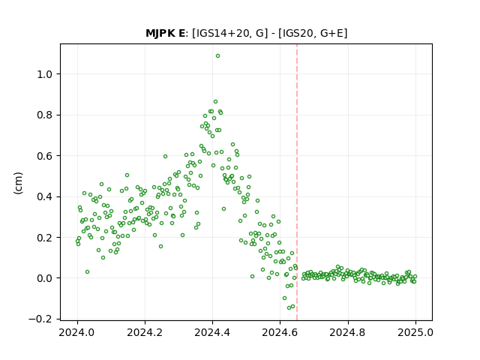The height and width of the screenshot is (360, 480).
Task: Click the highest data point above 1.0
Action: [217, 56]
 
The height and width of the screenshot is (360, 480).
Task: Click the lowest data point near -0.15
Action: [289, 307]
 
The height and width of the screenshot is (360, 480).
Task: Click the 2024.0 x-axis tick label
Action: [77, 332]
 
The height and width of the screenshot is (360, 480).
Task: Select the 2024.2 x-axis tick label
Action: [145, 332]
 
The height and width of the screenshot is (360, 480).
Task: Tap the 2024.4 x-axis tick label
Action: [212, 332]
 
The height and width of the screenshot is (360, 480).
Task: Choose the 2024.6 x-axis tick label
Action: [280, 332]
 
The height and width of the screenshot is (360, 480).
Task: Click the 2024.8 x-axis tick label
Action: [348, 332]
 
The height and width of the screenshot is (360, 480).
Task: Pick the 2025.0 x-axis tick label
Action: [415, 332]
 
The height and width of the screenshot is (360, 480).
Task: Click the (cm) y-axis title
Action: [18, 183]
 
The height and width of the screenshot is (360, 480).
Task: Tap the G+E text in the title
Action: [331, 33]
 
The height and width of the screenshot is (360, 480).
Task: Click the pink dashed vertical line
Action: [297, 182]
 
